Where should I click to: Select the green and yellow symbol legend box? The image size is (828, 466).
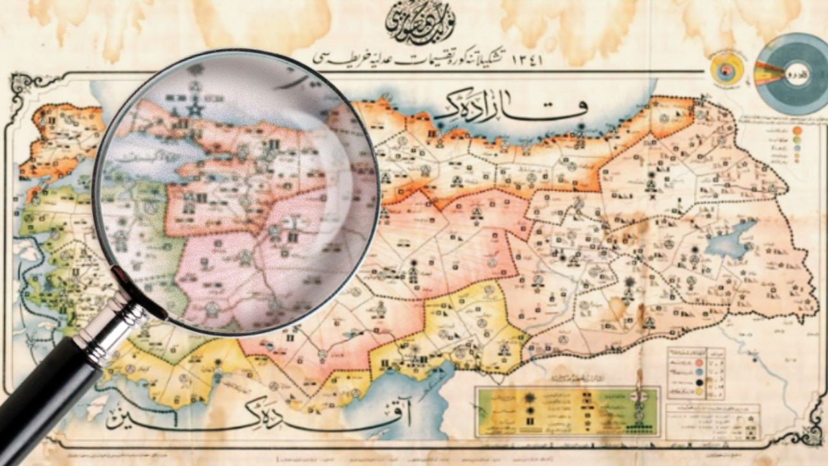coord(567,412)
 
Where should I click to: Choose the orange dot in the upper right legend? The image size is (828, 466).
coord(798,130)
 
